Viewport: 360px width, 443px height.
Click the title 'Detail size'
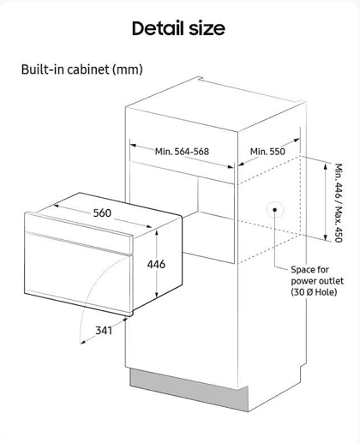pyautogui.click(x=178, y=28)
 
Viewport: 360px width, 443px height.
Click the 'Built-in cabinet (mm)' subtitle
pyautogui.click(x=82, y=69)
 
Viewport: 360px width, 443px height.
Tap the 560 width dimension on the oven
pyautogui.click(x=102, y=213)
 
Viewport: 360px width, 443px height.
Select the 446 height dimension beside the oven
pyautogui.click(x=156, y=264)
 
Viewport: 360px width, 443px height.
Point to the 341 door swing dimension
pyautogui.click(x=104, y=331)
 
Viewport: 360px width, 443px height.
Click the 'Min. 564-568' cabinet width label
pyautogui.click(x=182, y=152)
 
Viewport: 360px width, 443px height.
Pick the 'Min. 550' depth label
pyautogui.click(x=267, y=152)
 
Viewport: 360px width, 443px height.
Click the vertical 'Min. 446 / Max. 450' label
pyautogui.click(x=339, y=203)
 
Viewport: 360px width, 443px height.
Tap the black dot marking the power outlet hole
pyautogui.click(x=274, y=210)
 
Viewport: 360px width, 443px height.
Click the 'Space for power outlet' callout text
pyautogui.click(x=317, y=275)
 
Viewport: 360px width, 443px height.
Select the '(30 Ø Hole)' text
pyautogui.click(x=314, y=292)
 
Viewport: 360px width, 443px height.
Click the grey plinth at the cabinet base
pyautogui.click(x=189, y=390)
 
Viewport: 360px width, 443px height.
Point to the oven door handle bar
pyautogui.click(x=79, y=243)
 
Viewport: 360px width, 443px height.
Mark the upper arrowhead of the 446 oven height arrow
pyautogui.click(x=157, y=232)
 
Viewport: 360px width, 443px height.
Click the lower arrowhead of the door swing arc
pyautogui.click(x=83, y=342)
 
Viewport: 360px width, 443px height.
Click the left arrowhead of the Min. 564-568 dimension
pyautogui.click(x=133, y=146)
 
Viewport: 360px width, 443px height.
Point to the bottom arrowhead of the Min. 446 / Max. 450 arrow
pyautogui.click(x=326, y=237)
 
